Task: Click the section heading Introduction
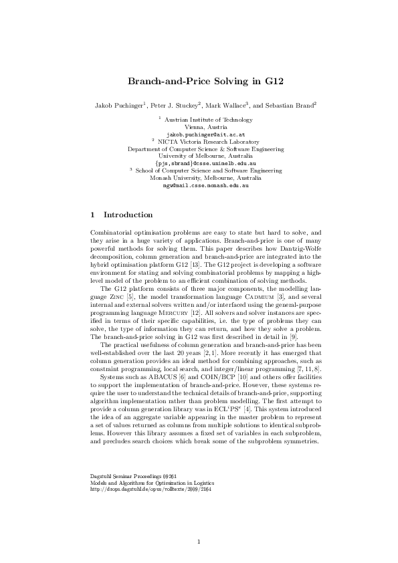click(x=128, y=215)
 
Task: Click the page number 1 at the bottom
click(x=199, y=541)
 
